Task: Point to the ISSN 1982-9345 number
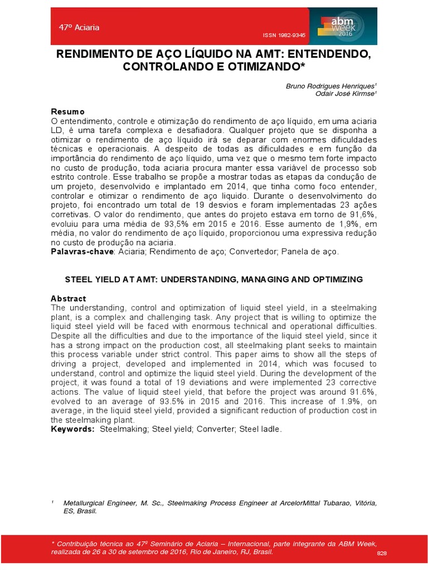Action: click(284, 35)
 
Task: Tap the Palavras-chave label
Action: click(82, 252)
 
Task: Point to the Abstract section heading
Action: click(69, 299)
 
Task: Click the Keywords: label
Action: click(72, 429)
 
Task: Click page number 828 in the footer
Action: click(382, 553)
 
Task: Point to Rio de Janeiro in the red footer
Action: click(211, 551)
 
